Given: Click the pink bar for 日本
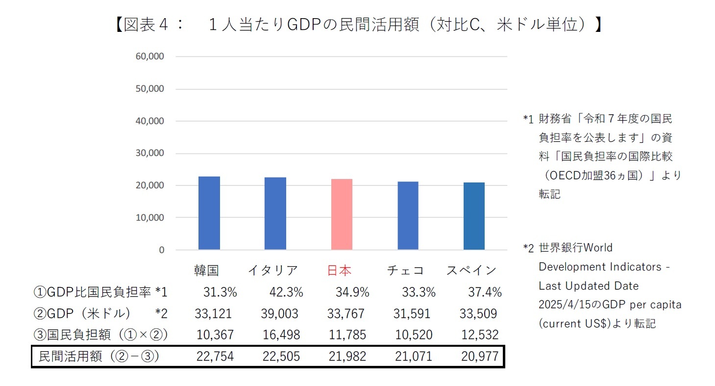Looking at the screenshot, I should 341,214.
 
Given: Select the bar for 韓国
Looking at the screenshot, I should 209,213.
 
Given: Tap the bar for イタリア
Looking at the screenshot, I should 275,213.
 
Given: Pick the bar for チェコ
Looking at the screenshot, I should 408,216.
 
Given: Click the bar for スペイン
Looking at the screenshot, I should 474,216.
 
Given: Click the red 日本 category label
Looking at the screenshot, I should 339,270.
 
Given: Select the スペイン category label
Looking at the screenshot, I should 471,270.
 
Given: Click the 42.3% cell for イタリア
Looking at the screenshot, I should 286,293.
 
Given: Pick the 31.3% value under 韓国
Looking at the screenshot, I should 220,293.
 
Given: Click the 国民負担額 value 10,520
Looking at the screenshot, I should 413,335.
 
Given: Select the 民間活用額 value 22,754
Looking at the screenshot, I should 215,357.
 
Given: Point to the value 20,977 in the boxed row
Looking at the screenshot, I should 480,357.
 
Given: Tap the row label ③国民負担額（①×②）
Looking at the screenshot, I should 101,335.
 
